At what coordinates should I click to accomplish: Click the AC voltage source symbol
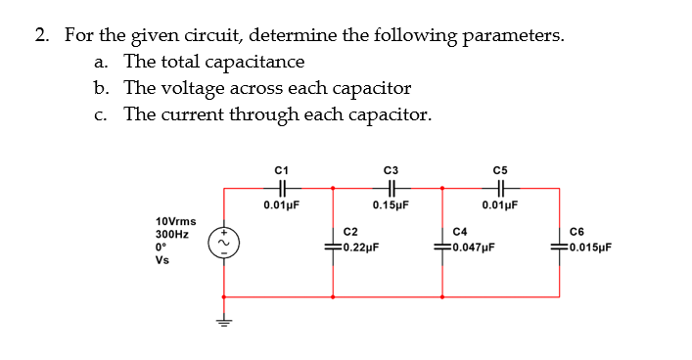223,240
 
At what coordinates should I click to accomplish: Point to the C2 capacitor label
349,231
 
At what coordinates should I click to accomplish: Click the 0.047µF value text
469,247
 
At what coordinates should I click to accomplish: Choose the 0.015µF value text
584,247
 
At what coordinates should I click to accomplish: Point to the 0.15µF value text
391,205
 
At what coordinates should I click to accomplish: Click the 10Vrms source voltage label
175,221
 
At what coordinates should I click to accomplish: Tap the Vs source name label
161,261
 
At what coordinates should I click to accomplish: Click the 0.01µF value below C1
281,205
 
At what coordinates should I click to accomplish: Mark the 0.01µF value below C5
500,205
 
